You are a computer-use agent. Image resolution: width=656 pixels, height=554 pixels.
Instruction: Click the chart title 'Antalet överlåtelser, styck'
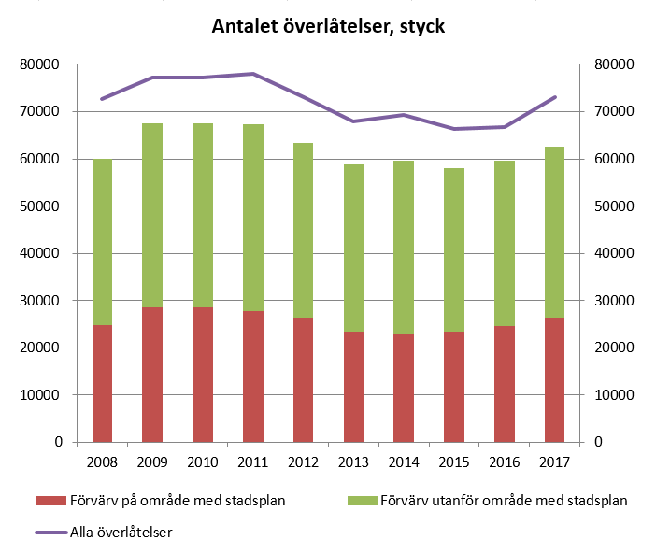(x=327, y=27)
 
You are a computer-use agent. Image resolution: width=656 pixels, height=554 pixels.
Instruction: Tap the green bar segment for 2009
(x=152, y=215)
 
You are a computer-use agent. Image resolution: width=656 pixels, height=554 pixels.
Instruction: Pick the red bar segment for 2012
(x=303, y=379)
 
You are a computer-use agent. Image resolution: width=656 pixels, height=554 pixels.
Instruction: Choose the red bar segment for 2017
(x=554, y=379)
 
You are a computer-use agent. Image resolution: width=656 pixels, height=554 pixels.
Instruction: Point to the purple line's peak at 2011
(x=252, y=74)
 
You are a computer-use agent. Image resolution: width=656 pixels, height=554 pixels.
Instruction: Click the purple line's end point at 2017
(x=554, y=97)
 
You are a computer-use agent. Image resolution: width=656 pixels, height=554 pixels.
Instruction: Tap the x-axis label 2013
(x=353, y=462)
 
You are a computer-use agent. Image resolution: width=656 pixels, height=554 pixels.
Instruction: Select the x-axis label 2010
(x=203, y=462)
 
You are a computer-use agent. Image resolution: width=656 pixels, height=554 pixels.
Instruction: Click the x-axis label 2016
(x=504, y=462)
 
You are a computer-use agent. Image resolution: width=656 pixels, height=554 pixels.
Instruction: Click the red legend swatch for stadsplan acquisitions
(x=50, y=501)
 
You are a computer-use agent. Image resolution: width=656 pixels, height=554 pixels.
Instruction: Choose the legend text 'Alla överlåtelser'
(x=121, y=532)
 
